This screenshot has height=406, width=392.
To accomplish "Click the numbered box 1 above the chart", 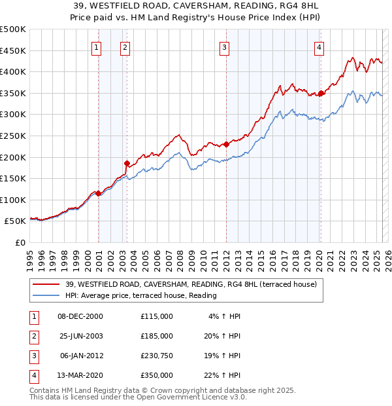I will (x=96, y=46).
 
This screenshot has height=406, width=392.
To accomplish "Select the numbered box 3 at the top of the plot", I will (x=224, y=46).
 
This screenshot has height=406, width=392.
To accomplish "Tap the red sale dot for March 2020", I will (x=321, y=94).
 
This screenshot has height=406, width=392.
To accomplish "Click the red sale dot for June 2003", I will (x=127, y=163).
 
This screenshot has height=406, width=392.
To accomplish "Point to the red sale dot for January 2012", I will (x=226, y=144).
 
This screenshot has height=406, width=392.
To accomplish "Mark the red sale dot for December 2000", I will (x=98, y=193).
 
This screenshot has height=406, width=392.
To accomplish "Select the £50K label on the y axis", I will (x=16, y=221).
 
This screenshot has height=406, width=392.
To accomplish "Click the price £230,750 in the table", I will (x=156, y=357).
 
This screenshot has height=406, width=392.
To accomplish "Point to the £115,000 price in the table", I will (x=156, y=316).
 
